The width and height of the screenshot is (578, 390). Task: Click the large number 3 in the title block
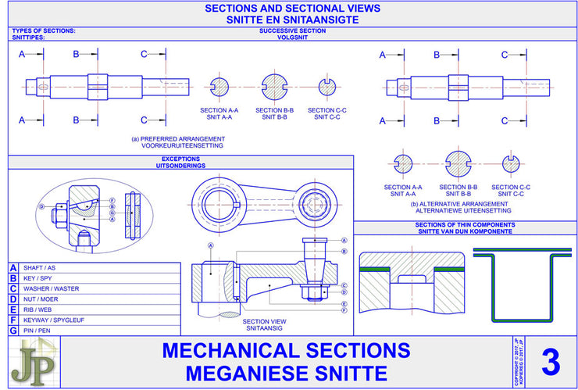pyautogui.click(x=550, y=363)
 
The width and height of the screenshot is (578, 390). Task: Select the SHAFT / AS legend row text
pyautogui.click(x=40, y=267)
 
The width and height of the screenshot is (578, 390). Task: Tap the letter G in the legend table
pyautogui.click(x=12, y=331)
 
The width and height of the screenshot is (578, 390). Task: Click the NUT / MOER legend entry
pyautogui.click(x=41, y=299)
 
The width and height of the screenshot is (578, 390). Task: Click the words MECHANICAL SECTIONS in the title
pyautogui.click(x=286, y=350)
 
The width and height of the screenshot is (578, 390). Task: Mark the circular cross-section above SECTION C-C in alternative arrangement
pyautogui.click(x=511, y=163)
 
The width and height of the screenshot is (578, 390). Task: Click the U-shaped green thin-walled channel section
pyautogui.click(x=524, y=285)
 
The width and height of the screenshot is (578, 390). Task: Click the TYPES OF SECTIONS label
pyautogui.click(x=44, y=30)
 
